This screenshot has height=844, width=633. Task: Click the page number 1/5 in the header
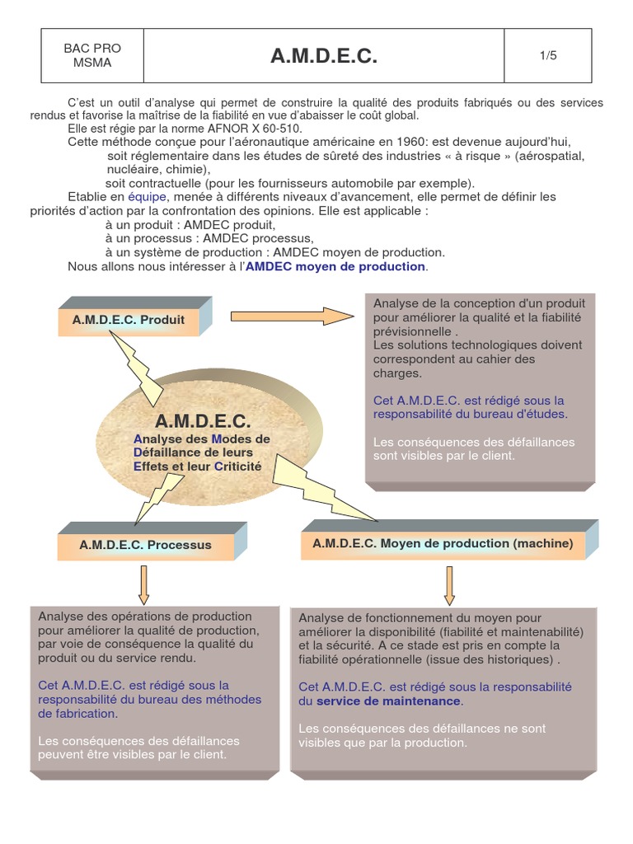coord(548,56)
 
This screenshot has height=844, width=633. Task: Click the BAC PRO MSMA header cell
coord(92,56)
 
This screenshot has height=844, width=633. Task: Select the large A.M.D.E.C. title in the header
coord(324,56)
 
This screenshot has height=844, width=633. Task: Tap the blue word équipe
coord(148,197)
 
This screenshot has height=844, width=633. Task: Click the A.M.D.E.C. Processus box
coord(145,545)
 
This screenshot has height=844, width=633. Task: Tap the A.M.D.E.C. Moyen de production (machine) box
coord(443,543)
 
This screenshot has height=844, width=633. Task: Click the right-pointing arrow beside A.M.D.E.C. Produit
coord(292,316)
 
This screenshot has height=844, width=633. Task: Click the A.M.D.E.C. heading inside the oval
coord(202,421)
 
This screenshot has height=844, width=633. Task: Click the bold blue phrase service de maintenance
coord(388,701)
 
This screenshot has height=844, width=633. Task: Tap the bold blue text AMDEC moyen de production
coord(335,267)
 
